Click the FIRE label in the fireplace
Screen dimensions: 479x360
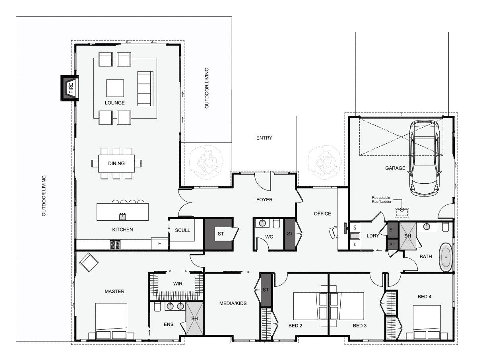[71, 88]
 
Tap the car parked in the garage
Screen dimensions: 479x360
[425, 158]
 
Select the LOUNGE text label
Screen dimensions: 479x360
[114, 103]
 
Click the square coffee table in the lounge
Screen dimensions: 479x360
[115, 88]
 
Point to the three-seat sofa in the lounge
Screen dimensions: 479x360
[145, 88]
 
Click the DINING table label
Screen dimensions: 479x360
[116, 163]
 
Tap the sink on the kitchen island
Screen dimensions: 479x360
[122, 216]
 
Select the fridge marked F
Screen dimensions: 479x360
[159, 243]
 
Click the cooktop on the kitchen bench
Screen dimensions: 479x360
[115, 245]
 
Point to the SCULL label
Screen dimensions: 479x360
[182, 230]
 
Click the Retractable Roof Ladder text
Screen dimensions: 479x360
[382, 200]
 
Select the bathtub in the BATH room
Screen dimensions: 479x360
[446, 258]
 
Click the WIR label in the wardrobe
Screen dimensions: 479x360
[178, 284]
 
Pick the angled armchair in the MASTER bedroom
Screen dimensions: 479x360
[89, 263]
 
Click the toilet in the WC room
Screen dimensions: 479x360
[276, 224]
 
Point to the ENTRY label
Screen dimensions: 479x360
[264, 138]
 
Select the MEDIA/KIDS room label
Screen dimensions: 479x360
[233, 303]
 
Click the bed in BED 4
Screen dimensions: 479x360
[427, 323]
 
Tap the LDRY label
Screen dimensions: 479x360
[373, 236]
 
